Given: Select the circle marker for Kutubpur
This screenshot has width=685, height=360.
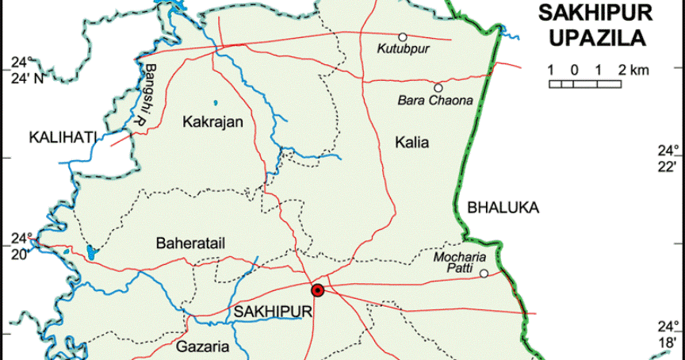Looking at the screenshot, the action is tap(403, 36).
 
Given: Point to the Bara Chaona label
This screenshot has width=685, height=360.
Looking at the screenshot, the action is tap(434, 101).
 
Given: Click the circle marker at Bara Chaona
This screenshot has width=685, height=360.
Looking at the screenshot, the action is tap(438, 87).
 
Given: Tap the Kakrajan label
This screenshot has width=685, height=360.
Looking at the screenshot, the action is tap(212, 122).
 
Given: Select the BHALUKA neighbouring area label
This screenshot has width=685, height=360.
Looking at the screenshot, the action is tap(503, 209).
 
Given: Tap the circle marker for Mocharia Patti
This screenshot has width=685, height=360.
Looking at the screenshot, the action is tap(484, 274).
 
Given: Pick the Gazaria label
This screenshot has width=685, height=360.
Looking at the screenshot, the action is tap(202, 347).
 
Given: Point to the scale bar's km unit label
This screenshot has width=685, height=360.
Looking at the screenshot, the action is tap(640, 71).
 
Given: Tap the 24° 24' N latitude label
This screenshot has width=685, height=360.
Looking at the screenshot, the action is tap(26, 70).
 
